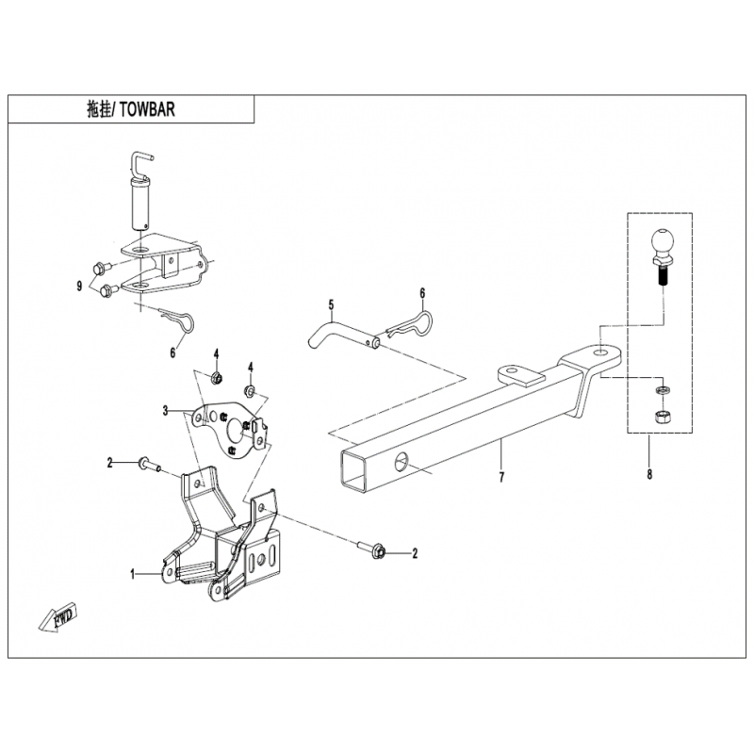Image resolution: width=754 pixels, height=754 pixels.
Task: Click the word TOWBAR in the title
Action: point(147,110)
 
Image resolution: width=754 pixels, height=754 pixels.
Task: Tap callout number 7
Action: point(501,477)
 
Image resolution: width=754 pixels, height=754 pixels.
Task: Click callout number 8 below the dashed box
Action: point(649,474)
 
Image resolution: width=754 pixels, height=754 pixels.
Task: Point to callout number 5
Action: point(331,304)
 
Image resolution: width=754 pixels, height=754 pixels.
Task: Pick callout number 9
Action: point(79,287)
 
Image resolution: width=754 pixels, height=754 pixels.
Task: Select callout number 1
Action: point(133,574)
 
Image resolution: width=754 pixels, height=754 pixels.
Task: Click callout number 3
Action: point(166,411)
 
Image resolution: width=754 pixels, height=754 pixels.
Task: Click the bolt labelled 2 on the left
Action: point(149,465)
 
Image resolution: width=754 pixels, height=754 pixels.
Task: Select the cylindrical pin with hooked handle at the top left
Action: point(139,190)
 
